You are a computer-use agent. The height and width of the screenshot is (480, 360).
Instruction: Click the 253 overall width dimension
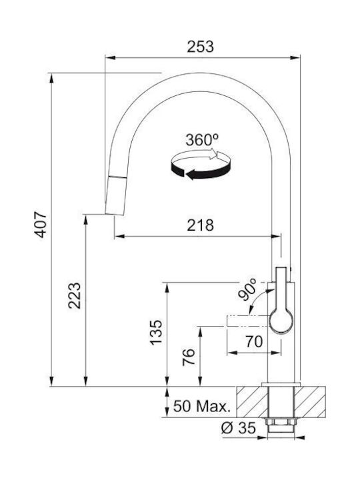(x=201, y=47)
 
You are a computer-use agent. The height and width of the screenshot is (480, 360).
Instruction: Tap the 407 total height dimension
(x=41, y=225)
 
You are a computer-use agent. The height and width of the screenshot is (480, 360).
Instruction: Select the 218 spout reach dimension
(x=201, y=225)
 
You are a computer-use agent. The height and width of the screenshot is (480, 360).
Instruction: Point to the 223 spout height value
(x=75, y=296)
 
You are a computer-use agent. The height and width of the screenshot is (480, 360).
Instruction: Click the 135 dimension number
(x=156, y=333)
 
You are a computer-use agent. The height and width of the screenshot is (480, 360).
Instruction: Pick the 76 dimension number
(x=189, y=357)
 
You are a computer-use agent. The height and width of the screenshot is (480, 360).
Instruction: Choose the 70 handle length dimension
(x=254, y=341)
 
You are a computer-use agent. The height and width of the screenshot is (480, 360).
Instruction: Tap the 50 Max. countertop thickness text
(x=202, y=406)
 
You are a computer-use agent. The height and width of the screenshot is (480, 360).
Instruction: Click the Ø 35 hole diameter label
(x=239, y=427)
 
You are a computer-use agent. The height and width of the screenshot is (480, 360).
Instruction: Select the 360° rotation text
(x=202, y=140)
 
